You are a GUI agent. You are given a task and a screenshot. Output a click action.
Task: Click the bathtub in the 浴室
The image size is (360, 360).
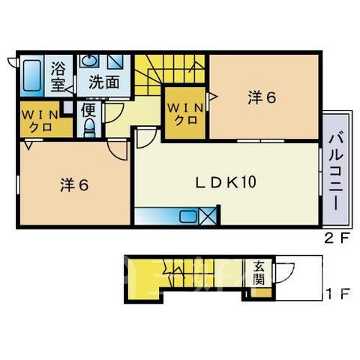[32, 76]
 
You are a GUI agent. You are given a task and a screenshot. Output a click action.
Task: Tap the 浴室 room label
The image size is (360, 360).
[58, 76]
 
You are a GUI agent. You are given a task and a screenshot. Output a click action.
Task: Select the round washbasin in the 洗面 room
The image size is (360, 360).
[89, 61]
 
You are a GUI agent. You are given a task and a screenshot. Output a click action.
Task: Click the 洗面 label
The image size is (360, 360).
[104, 82]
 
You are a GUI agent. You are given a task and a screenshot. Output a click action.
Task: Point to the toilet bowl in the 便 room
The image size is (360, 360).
[89, 127]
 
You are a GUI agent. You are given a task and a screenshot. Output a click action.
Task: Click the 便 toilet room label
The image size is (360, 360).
[88, 110]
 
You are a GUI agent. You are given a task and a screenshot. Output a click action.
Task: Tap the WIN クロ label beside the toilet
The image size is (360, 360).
[40, 121]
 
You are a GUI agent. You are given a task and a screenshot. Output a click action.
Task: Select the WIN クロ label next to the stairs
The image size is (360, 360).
[185, 114]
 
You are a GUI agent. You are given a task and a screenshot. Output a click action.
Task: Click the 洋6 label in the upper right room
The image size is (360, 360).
[262, 97]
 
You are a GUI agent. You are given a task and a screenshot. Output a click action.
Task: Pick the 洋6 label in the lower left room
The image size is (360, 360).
[74, 185]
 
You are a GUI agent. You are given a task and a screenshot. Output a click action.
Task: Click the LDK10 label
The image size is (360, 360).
[226, 182]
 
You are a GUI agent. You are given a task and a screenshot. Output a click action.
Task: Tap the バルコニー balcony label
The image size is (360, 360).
[335, 172]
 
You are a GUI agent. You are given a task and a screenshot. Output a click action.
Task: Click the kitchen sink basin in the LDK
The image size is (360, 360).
[188, 216]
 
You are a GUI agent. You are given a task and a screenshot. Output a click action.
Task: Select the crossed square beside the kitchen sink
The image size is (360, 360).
[208, 216]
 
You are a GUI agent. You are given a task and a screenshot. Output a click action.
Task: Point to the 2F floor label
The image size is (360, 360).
[336, 239]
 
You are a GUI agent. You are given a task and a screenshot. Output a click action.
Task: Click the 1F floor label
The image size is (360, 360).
[337, 294]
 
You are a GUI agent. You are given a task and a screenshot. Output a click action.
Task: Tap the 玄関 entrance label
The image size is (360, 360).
[258, 273]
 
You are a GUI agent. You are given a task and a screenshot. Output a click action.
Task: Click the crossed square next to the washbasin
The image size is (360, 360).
[115, 61]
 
